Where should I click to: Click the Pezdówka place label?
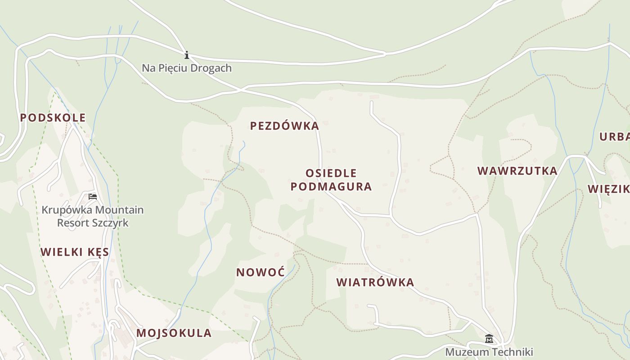click(284, 126)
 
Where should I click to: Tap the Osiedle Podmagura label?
click(331, 180)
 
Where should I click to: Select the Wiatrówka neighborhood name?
click(375, 283)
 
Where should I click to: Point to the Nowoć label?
click(261, 272)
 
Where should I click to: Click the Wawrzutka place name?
click(517, 171)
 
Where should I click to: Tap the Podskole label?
click(53, 118)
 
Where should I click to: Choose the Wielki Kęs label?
click(75, 252)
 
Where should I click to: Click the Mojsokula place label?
click(174, 333)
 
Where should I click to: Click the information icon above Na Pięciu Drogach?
click(187, 55)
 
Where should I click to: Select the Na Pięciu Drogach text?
click(187, 68)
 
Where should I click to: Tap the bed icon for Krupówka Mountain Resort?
click(93, 197)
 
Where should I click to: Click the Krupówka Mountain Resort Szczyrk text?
click(93, 216)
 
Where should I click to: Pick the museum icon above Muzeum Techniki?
click(489, 339)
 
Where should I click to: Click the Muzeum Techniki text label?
click(489, 352)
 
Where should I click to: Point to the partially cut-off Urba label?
click(615, 137)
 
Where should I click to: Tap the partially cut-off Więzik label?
click(609, 189)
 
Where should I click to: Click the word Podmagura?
click(331, 187)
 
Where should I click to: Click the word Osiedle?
click(331, 173)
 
